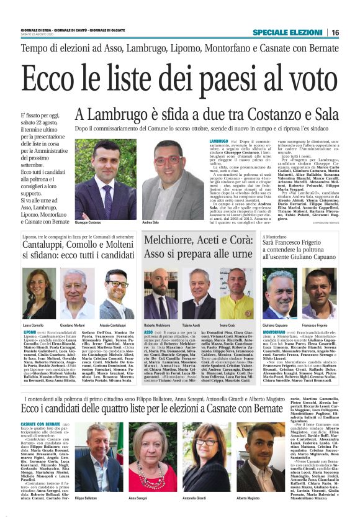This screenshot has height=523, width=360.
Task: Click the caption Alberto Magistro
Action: coord(248,498)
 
